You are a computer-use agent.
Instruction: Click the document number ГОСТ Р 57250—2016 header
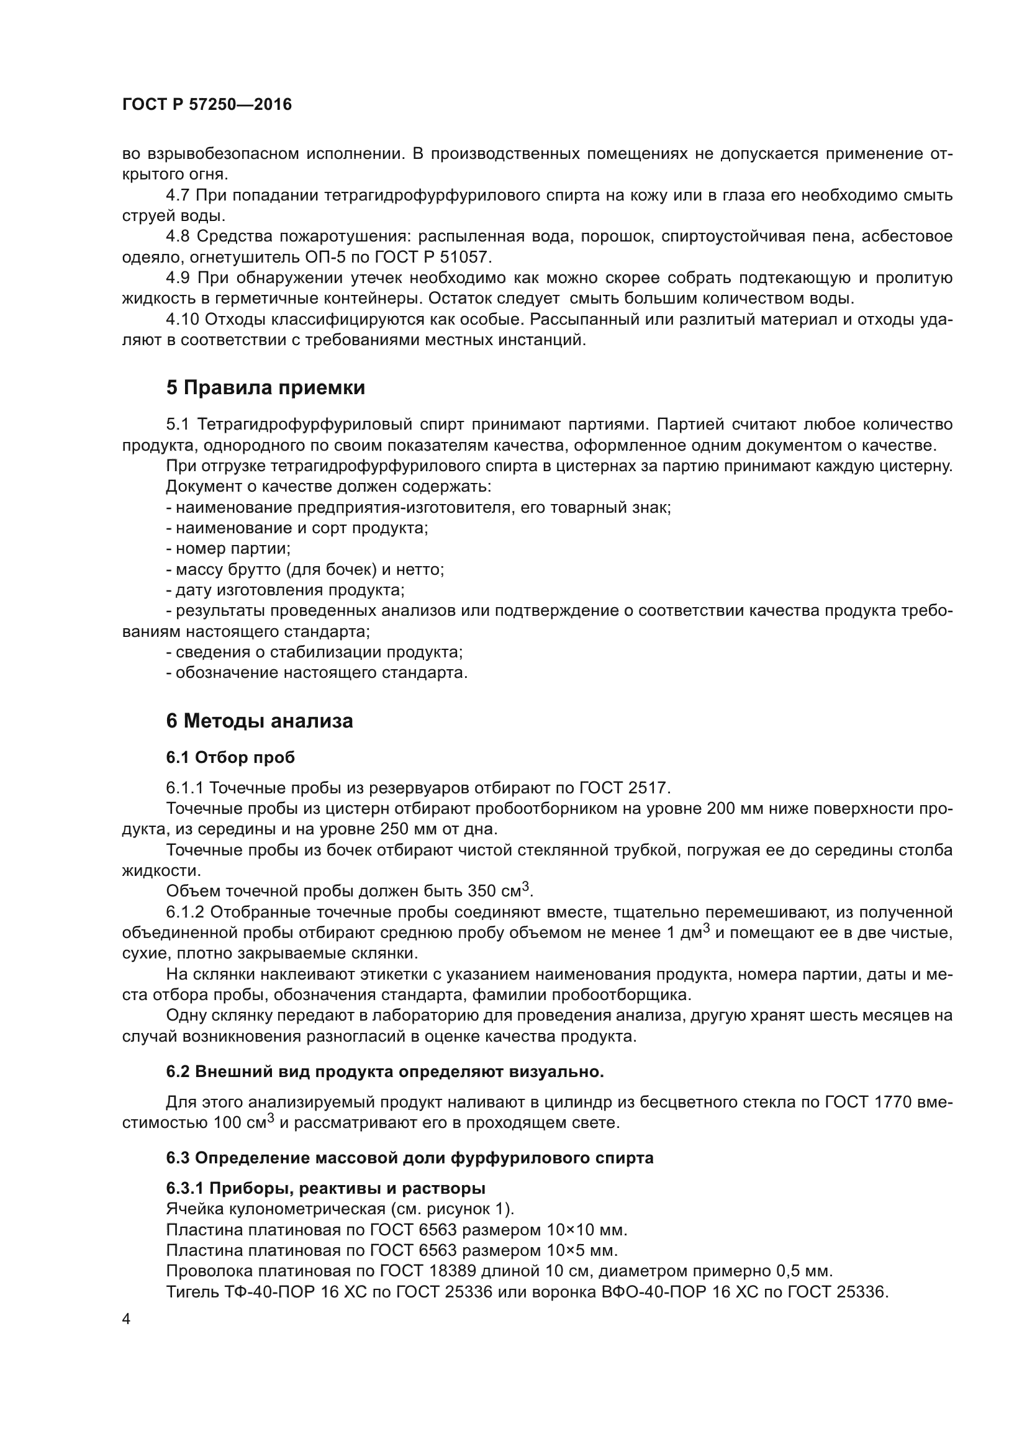click(x=207, y=104)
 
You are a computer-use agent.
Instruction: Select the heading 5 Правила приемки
click(x=266, y=387)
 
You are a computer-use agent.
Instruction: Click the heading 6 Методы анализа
click(x=260, y=721)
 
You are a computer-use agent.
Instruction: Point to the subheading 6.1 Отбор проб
click(x=230, y=757)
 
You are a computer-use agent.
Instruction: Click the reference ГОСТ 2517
click(x=623, y=787)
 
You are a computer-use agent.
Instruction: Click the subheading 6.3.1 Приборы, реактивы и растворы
click(x=326, y=1188)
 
